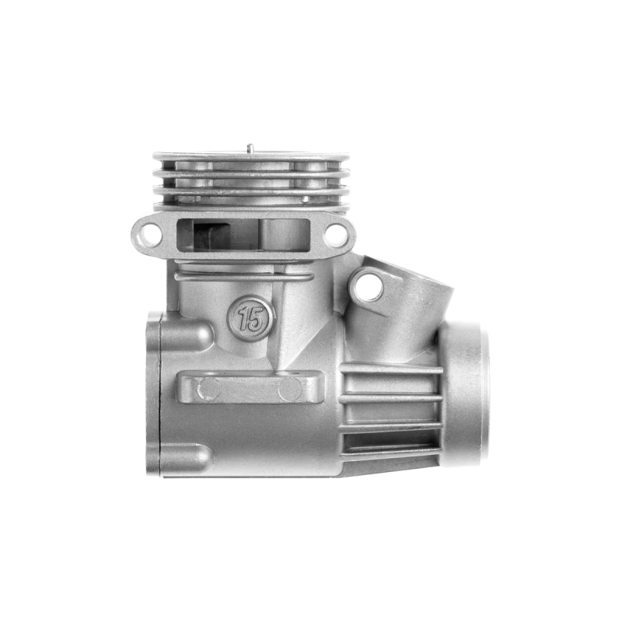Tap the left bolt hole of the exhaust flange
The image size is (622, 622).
tap(147, 234)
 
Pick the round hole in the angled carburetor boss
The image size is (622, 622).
tap(369, 285)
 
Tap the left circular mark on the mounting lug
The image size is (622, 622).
tap(209, 388)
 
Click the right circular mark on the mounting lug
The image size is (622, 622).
tap(290, 388)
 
